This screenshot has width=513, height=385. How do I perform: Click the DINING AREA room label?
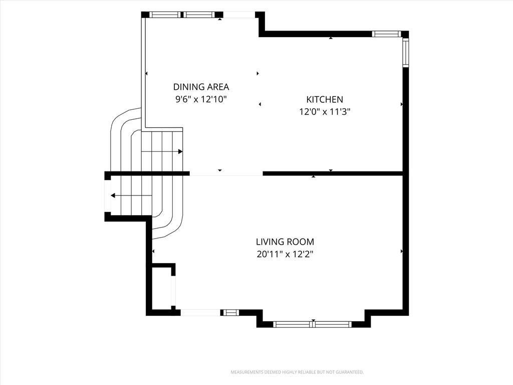(x=201, y=87)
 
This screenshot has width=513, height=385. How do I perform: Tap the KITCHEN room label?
(x=325, y=100)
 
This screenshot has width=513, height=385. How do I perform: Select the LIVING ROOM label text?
(x=285, y=242)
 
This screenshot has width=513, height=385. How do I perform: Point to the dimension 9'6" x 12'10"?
(x=201, y=99)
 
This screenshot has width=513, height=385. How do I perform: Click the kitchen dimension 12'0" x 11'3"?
(x=325, y=112)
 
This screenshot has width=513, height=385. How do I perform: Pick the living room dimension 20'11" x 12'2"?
(x=285, y=254)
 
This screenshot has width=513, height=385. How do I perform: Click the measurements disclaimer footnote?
(x=297, y=372)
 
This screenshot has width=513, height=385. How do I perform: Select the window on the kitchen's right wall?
(x=406, y=53)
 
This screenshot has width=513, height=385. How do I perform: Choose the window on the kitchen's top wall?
(x=387, y=34)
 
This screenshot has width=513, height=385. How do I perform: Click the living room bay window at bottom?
(x=313, y=324)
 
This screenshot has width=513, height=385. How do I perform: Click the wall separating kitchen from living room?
(x=333, y=173)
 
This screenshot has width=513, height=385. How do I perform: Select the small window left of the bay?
(x=230, y=312)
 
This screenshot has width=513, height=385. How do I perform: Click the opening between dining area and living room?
(x=226, y=173)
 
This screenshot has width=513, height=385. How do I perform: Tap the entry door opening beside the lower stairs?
(x=107, y=196)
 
